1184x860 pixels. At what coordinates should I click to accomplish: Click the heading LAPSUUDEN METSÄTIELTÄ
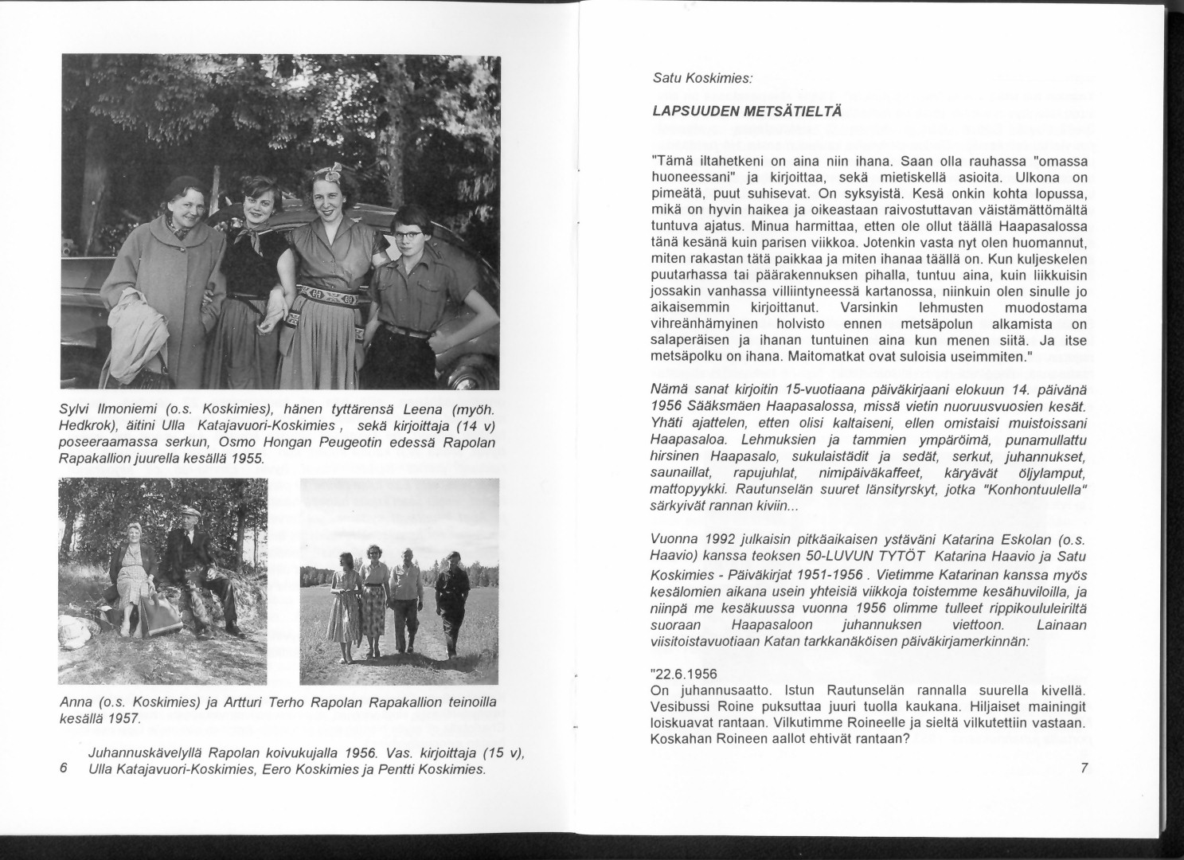click(x=736, y=111)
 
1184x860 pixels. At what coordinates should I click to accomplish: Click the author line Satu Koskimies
click(x=697, y=78)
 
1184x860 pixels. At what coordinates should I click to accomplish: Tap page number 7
click(x=1084, y=767)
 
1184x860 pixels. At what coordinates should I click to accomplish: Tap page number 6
click(x=64, y=768)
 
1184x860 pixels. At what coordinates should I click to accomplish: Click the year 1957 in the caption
click(x=123, y=720)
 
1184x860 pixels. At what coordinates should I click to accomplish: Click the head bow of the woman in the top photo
click(x=326, y=173)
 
